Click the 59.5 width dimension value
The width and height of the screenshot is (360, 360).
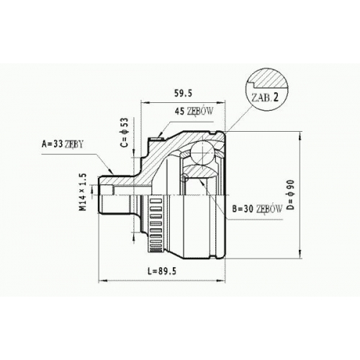183,93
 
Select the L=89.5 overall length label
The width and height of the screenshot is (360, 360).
162,271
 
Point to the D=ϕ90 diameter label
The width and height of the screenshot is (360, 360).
290,195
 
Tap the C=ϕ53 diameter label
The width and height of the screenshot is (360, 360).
125,132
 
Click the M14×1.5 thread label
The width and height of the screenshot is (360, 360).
83,192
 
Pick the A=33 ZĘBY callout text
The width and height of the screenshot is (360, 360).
63,144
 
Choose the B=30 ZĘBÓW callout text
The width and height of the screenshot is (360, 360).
257,209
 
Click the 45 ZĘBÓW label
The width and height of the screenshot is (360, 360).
194,111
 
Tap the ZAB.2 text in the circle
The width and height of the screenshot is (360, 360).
264,98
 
